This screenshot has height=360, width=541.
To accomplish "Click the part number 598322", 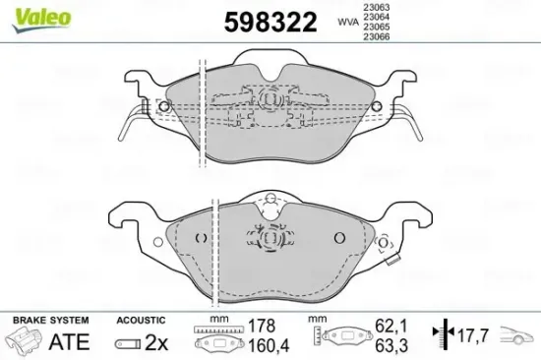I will click(x=270, y=21).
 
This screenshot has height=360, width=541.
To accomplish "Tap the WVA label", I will click(x=348, y=20).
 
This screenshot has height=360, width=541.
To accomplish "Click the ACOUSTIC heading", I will click(x=140, y=321).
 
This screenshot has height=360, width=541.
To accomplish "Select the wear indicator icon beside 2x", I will click(x=129, y=343).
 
